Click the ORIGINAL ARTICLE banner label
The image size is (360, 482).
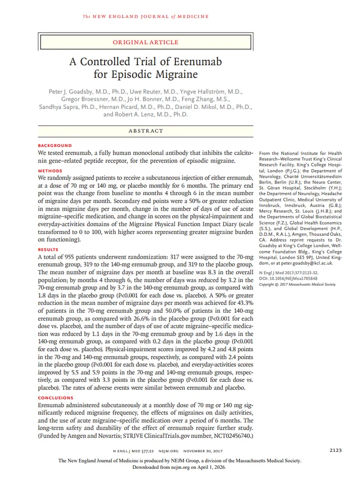146,42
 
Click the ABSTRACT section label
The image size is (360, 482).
146,131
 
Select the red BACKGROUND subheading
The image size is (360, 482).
54,145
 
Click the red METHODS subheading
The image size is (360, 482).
50,171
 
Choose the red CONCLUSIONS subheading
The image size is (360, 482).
55,398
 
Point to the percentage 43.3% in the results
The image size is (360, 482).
244,303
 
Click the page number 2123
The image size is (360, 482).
335,450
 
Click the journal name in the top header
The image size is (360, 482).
146,17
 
